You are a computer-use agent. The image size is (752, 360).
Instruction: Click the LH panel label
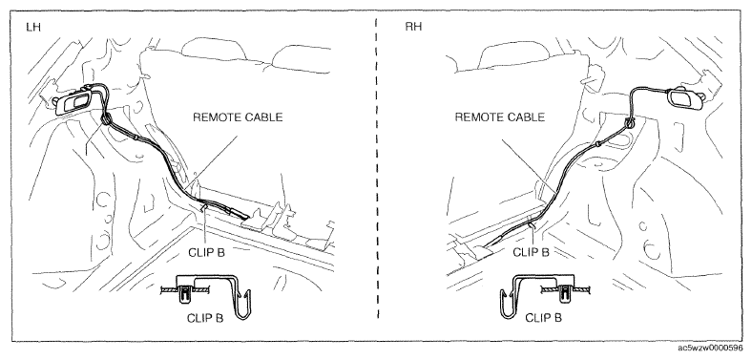coord(33,27)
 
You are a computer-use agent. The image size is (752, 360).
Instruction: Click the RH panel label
coord(413,27)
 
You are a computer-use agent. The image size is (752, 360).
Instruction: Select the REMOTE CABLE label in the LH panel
coord(238,117)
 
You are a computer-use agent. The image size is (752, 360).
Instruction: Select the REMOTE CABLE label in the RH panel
coord(500,117)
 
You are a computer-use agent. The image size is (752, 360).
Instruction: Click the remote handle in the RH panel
coord(685,99)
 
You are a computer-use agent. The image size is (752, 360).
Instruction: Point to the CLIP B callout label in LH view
coord(206,252)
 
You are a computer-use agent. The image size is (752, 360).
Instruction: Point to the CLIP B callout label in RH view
coord(531,252)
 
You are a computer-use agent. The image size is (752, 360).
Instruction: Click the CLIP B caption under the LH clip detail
coord(205,318)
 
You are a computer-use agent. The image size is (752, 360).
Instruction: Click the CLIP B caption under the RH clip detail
coord(543,318)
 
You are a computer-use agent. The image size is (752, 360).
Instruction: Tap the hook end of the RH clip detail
coord(507,304)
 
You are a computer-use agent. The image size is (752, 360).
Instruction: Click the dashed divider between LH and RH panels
coord(378,168)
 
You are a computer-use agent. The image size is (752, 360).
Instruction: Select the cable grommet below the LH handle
coord(105,119)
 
